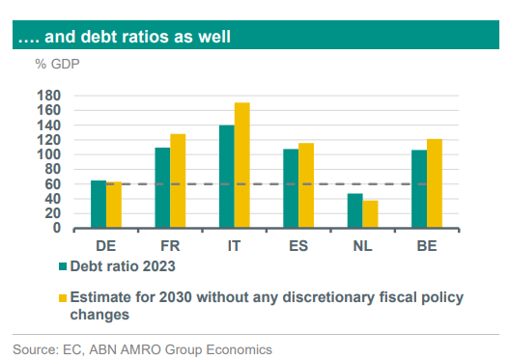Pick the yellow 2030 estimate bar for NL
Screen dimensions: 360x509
pos(370,214)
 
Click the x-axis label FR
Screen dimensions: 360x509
pos(170,245)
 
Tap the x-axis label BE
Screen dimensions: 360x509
pos(426,245)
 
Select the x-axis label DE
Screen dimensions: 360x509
pos(106,245)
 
